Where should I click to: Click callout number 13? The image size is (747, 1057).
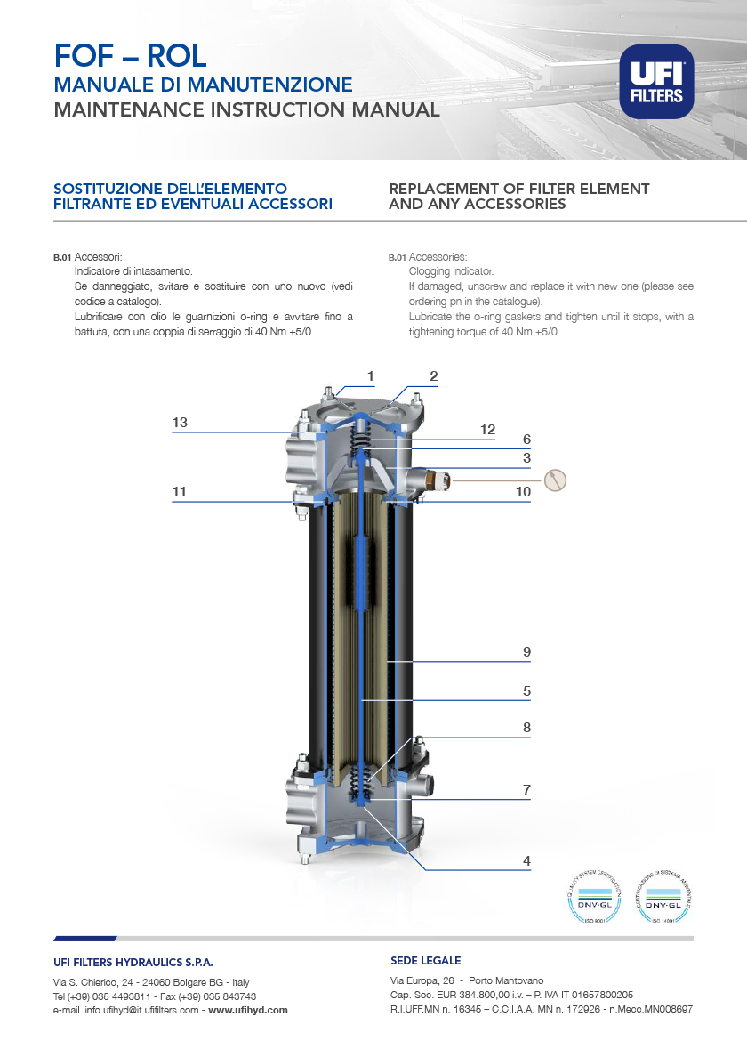[x=181, y=423]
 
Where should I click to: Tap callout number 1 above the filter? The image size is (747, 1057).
[x=370, y=375]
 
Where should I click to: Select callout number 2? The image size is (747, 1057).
[x=433, y=375]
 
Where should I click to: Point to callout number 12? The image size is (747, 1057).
[x=487, y=430]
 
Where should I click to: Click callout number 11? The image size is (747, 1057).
[x=181, y=491]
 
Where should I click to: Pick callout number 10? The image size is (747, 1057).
[x=524, y=491]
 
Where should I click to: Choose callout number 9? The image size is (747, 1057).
[x=526, y=652]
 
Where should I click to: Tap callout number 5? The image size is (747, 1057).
[x=526, y=690]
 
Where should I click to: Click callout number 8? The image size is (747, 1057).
[x=526, y=727]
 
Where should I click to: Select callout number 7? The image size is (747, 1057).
[x=526, y=789]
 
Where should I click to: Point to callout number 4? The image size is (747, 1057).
[x=526, y=860]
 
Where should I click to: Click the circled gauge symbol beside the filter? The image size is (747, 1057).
[x=555, y=480]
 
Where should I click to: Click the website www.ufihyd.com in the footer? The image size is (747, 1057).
[x=248, y=1010]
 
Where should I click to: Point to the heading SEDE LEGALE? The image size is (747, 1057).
[x=425, y=961]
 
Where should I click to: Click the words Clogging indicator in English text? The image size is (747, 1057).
[x=451, y=270]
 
